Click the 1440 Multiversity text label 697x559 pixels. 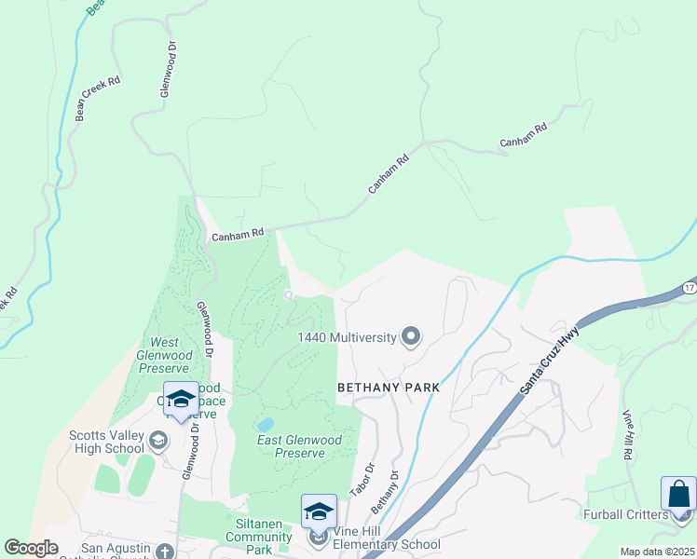(x=347, y=337)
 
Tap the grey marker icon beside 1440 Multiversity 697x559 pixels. (x=410, y=337)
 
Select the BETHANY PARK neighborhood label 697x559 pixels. (x=388, y=386)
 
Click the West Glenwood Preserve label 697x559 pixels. (x=170, y=355)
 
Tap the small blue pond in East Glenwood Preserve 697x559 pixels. (x=266, y=425)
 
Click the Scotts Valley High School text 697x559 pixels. (x=108, y=441)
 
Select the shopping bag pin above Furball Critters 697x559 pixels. (x=678, y=492)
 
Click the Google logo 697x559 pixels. (x=31, y=548)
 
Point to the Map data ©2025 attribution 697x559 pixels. (x=658, y=552)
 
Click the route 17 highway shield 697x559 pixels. (x=689, y=286)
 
